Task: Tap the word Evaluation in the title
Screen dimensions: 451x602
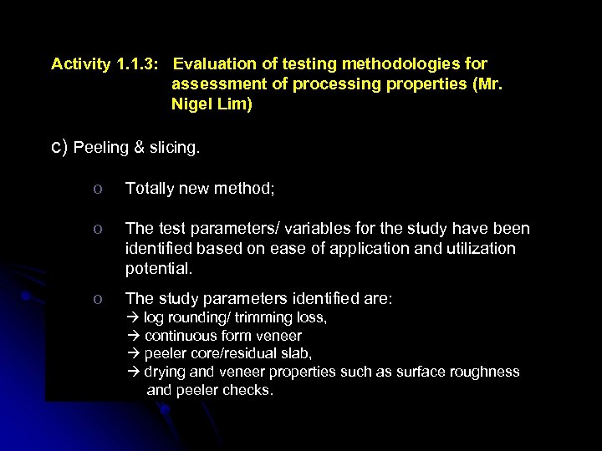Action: tap(214, 63)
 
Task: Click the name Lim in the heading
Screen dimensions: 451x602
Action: tap(234, 105)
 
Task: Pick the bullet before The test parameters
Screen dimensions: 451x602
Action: tap(98, 229)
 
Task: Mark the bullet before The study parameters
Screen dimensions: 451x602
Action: tap(98, 298)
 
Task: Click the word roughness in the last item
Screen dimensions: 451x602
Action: tap(490, 372)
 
